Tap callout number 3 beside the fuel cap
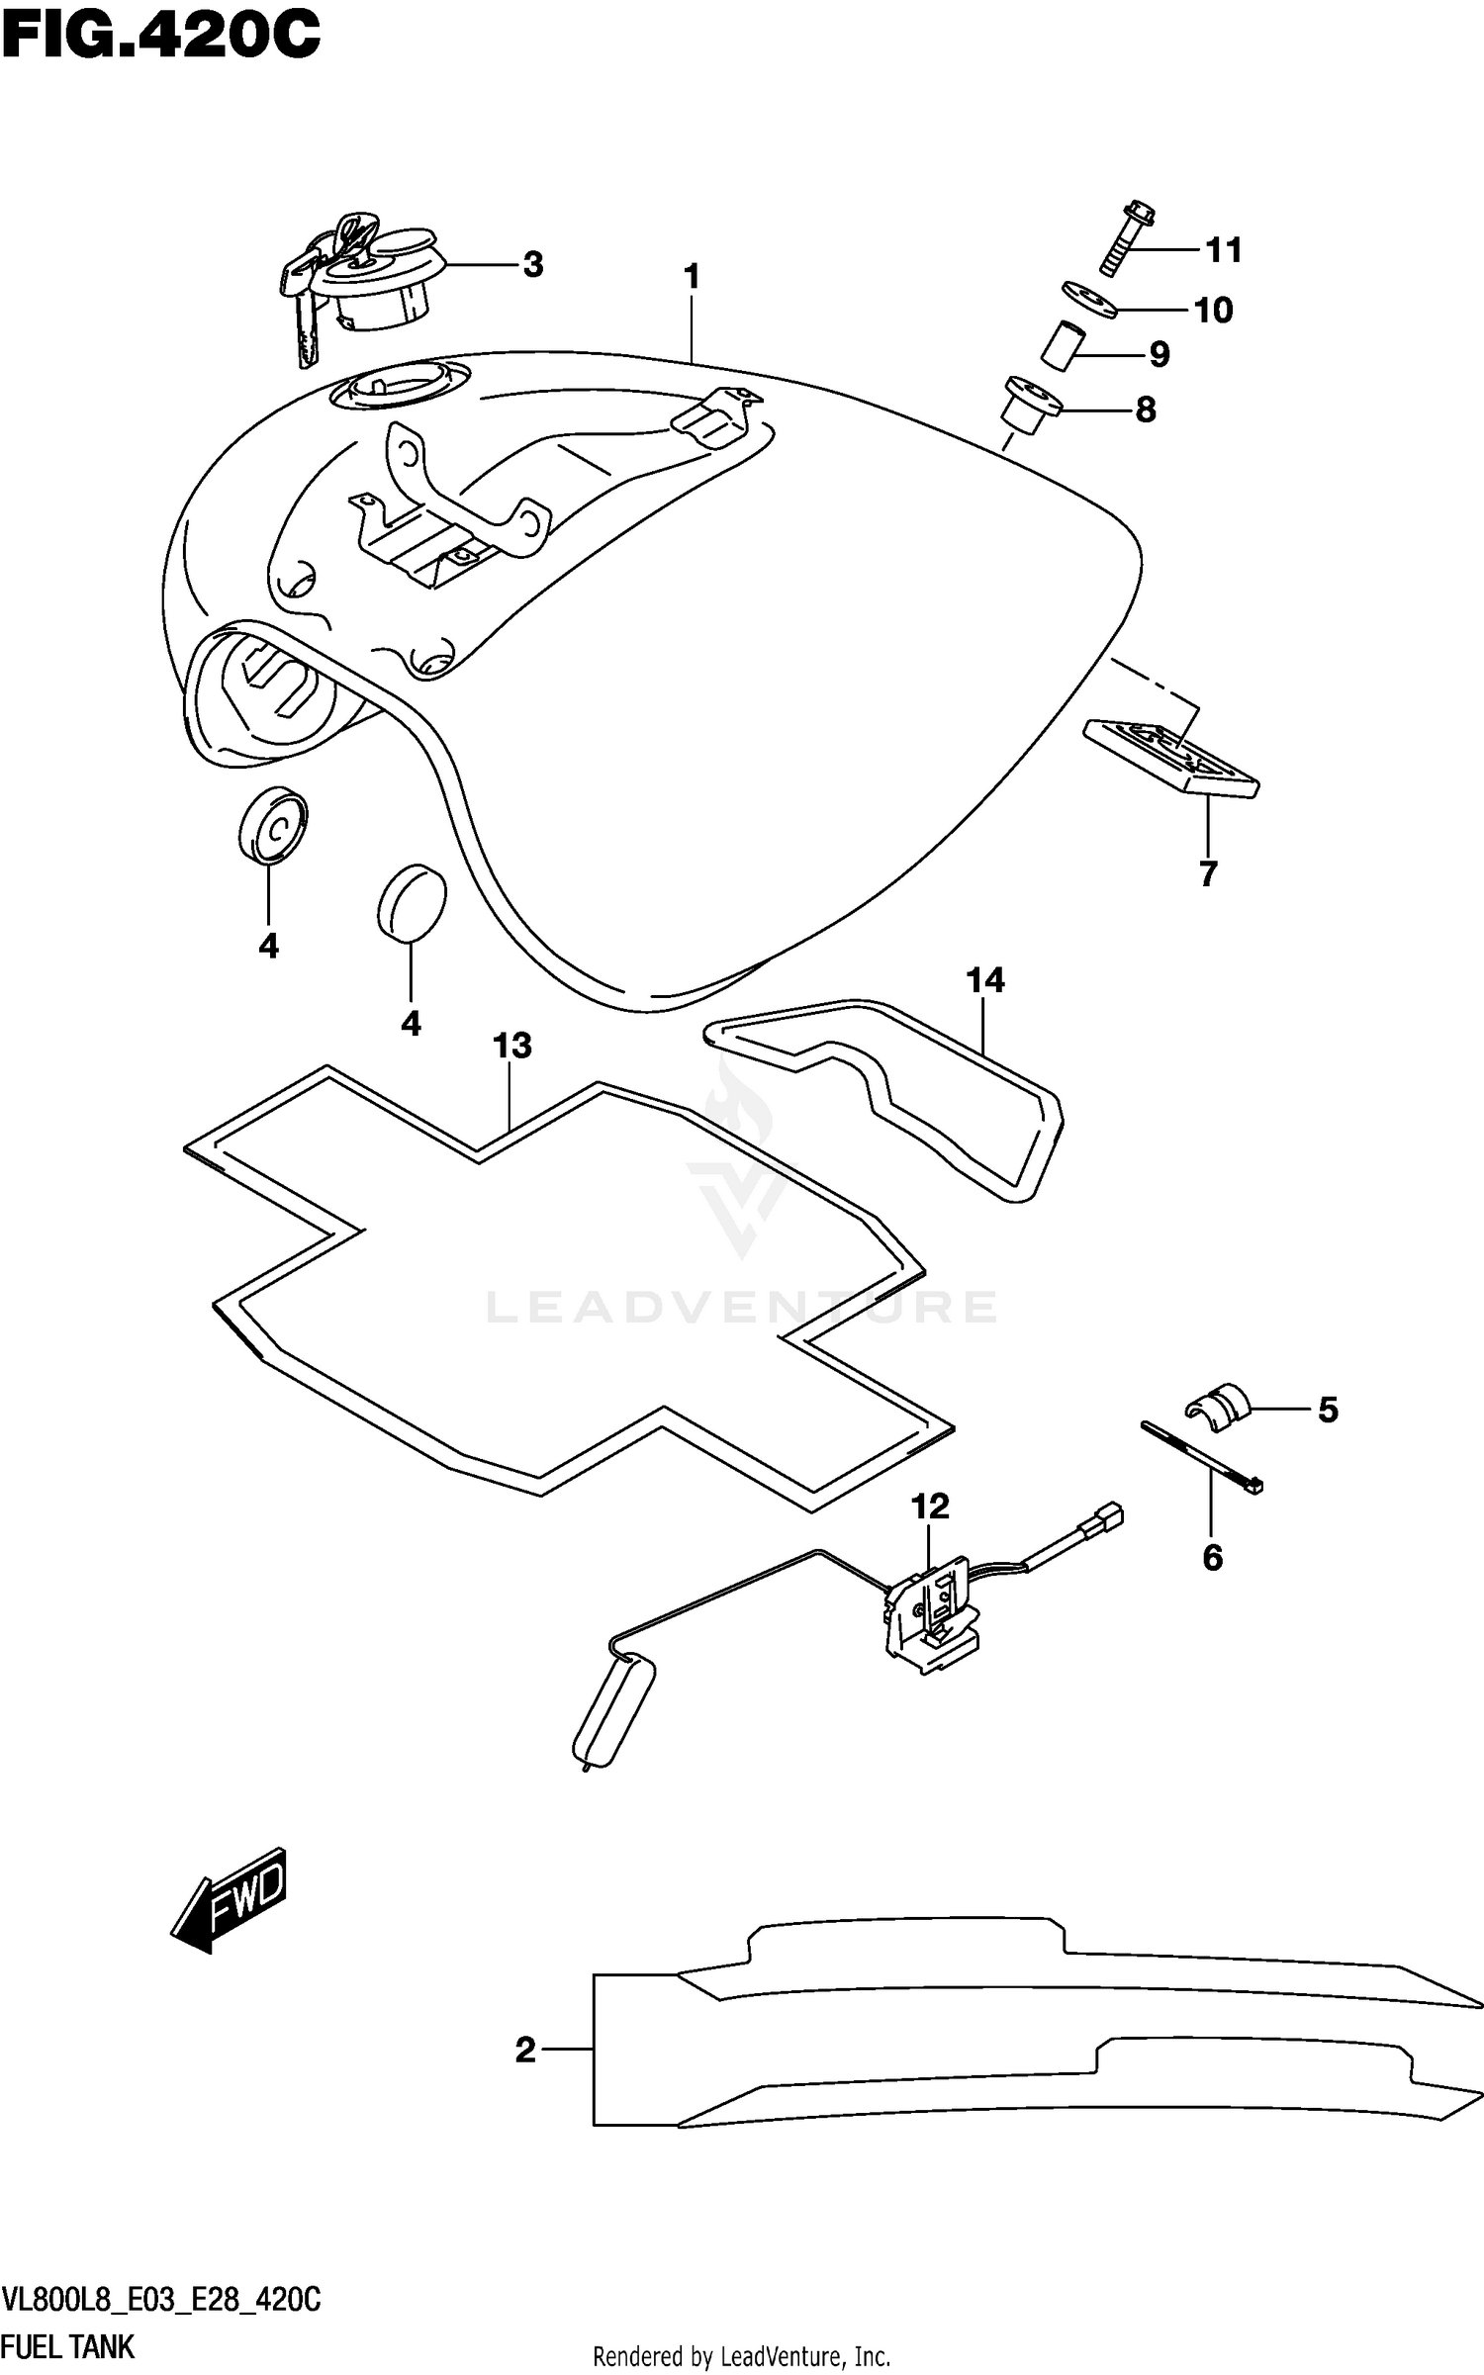coord(532,265)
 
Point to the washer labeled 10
coord(1089,299)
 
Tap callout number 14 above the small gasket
coord(985,980)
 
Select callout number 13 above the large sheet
coord(512,1046)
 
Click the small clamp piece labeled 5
coord(1218,1407)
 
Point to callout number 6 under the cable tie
coord(1213,1559)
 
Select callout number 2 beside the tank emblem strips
coord(525,2051)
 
